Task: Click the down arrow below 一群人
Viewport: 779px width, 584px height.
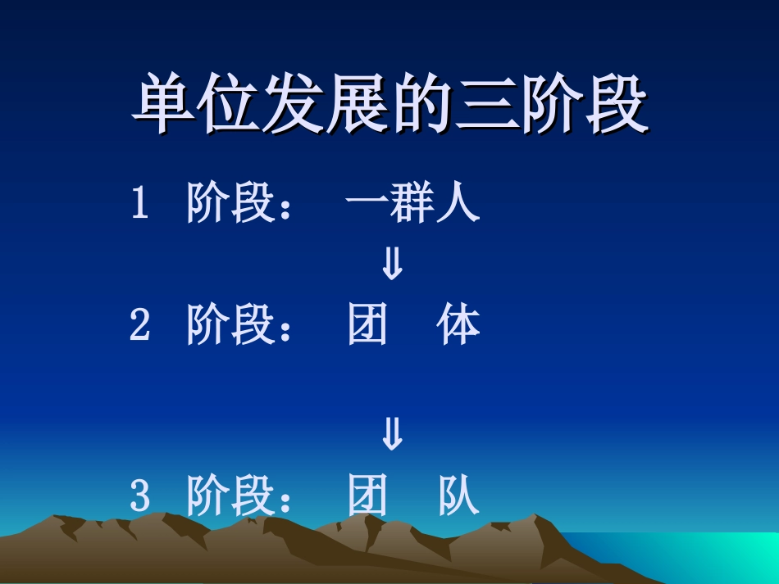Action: click(393, 265)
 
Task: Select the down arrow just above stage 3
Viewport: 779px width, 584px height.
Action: click(393, 435)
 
